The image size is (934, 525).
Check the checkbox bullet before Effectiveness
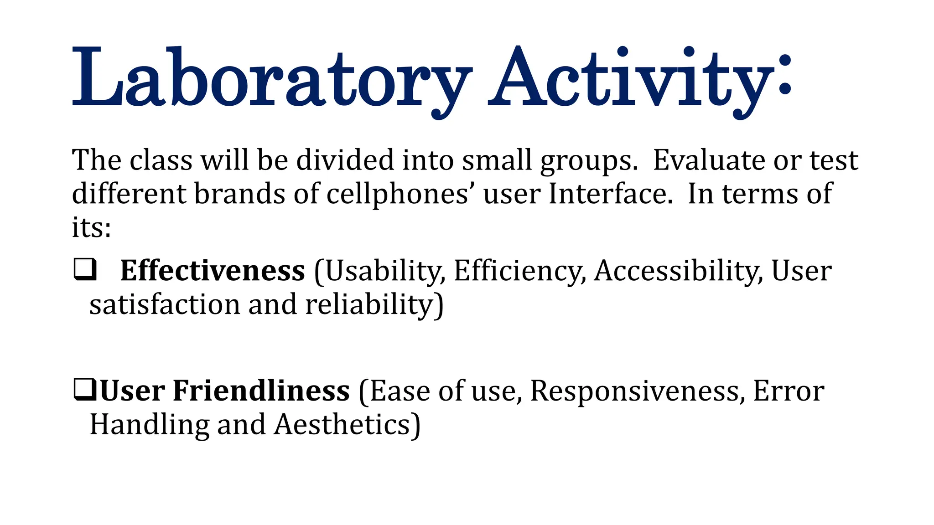point(85,269)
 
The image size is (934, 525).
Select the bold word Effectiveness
point(213,271)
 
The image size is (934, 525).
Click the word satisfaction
point(165,304)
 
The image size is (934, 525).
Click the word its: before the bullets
point(91,227)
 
